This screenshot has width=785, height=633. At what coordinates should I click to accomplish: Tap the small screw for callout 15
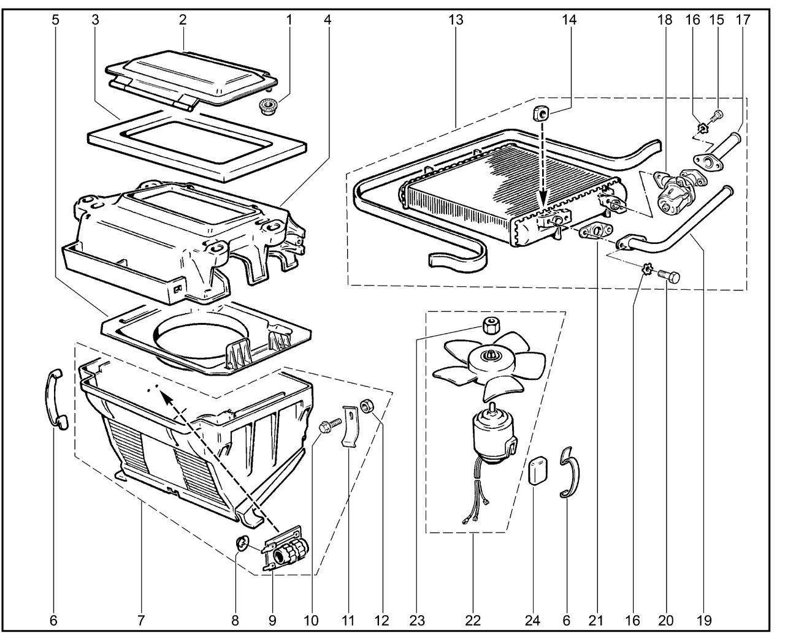pyautogui.click(x=718, y=115)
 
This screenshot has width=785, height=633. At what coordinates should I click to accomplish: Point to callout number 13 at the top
pyautogui.click(x=455, y=20)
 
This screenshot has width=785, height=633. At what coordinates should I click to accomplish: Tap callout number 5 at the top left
pyautogui.click(x=56, y=20)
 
